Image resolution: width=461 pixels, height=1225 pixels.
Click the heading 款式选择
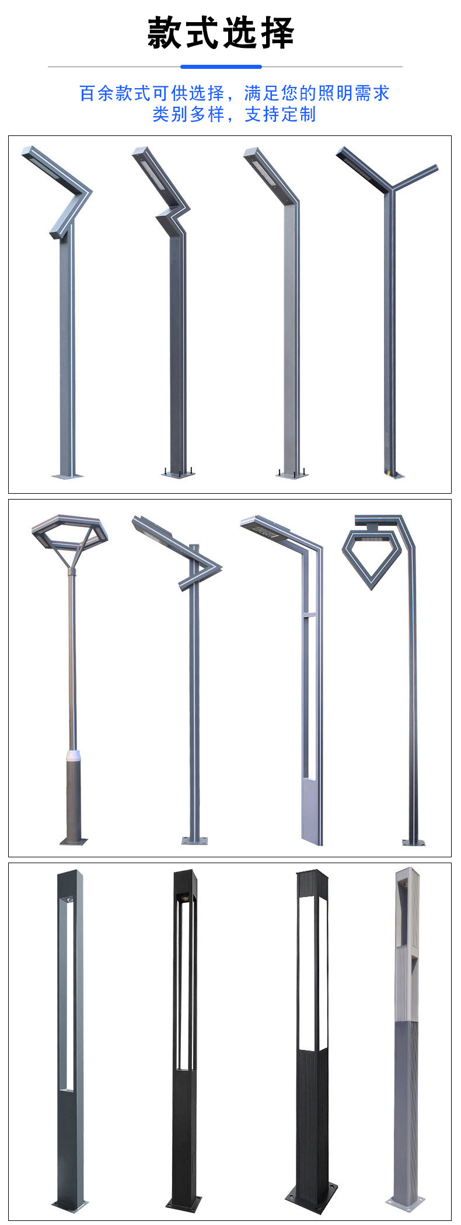coord(221,33)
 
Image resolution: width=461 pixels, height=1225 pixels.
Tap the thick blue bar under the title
coord(221,67)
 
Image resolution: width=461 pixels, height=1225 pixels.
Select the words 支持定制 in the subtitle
coord(280,114)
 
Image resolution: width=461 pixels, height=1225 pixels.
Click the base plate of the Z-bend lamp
coord(178,473)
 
